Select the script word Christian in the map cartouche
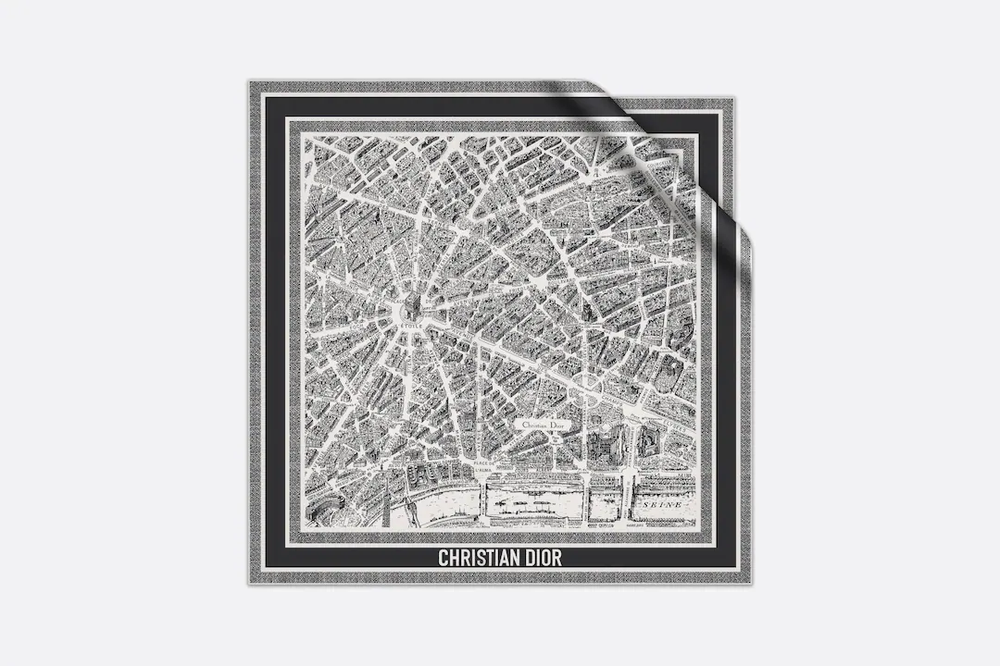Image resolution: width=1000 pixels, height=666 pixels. point(534,425)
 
